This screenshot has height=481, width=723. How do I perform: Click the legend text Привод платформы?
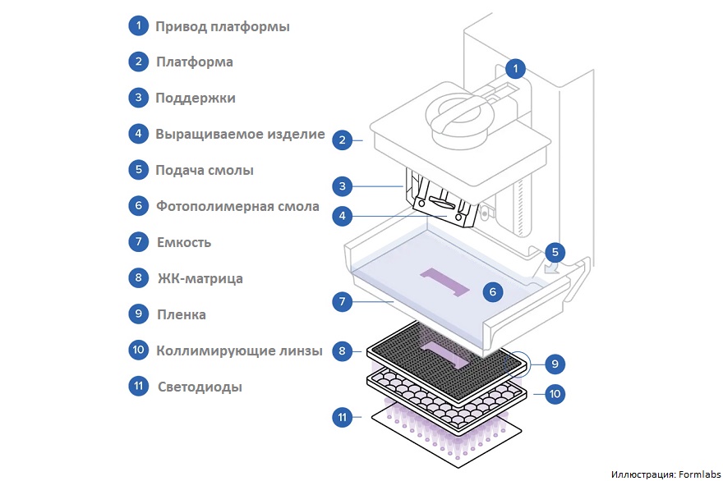(223, 27)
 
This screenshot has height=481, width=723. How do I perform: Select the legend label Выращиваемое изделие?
(240, 134)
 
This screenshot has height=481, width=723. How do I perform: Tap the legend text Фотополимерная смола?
(237, 206)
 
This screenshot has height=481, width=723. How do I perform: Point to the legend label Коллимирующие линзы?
(239, 350)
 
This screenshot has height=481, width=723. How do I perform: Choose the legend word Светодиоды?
(200, 387)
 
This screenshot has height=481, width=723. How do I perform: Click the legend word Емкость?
(184, 242)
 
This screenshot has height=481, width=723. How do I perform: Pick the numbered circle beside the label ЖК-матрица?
(138, 277)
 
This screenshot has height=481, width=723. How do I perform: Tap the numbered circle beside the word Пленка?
(138, 314)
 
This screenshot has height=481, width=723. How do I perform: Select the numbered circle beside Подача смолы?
(138, 170)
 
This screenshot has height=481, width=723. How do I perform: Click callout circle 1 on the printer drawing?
(515, 69)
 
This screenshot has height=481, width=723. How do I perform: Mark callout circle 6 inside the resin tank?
(492, 291)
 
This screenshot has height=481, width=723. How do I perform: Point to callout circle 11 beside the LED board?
(342, 418)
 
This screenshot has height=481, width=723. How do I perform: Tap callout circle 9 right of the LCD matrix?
(555, 364)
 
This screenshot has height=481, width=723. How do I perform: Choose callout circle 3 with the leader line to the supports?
(342, 186)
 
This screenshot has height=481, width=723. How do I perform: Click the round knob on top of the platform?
(459, 119)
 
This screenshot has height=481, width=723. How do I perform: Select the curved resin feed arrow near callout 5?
(553, 268)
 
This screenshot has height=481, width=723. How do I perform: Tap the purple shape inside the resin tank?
(444, 282)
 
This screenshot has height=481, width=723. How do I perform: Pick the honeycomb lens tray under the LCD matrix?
(447, 399)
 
